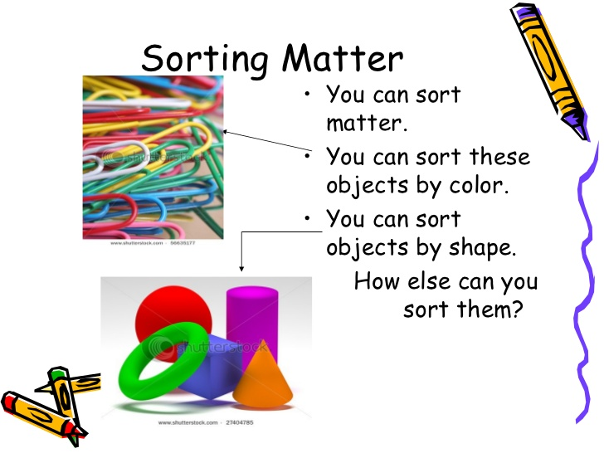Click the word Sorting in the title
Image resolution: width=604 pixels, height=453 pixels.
click(205, 60)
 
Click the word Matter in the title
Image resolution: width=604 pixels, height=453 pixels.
click(343, 58)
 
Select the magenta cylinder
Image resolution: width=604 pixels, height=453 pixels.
click(252, 319)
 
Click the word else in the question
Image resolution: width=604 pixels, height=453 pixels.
click(429, 280)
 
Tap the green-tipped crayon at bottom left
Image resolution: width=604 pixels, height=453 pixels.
click(66, 401)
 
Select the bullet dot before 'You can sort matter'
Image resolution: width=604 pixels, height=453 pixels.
click(307, 94)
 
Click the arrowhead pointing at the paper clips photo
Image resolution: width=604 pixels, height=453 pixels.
click(226, 132)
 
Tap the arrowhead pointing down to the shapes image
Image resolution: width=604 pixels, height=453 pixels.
click(241, 268)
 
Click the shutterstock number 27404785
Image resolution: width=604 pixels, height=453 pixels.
click(240, 422)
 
